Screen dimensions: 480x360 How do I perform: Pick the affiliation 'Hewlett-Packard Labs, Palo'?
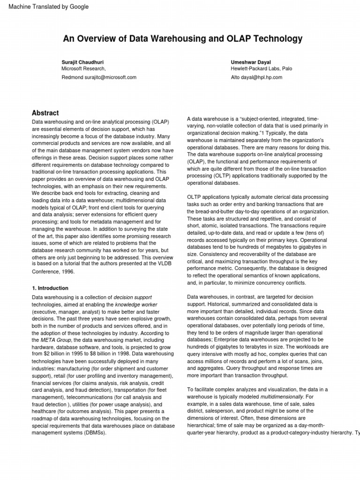tap(261, 68)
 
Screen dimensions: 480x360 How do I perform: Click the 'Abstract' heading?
tap(45, 113)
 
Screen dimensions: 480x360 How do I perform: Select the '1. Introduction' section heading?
tap(50, 288)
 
